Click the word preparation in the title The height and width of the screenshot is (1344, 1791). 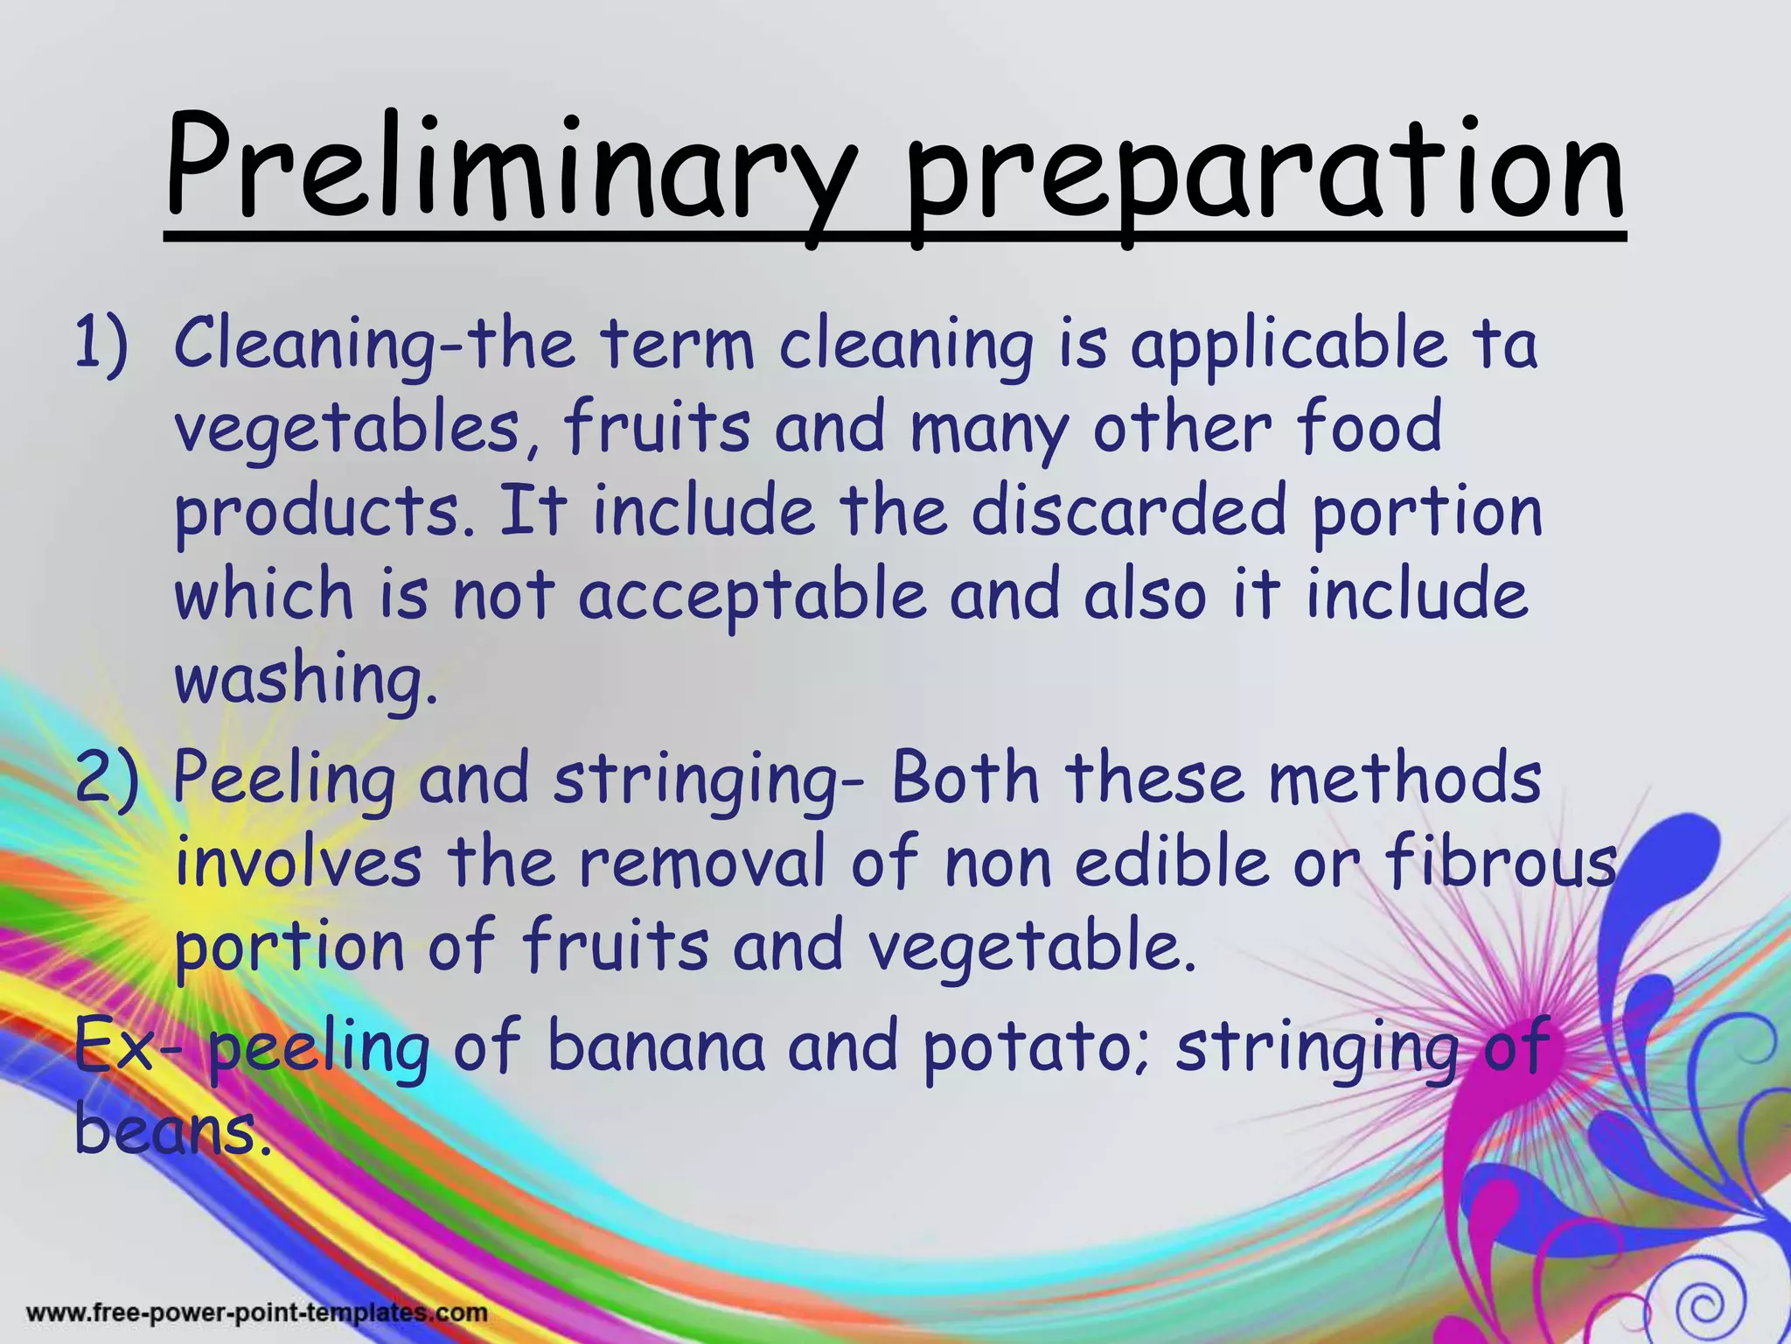1264,171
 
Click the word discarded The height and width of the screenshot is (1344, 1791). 1128,512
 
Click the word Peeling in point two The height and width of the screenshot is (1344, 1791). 283,780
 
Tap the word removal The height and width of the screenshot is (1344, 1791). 701,863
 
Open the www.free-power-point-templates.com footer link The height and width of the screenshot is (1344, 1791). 257,1312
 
